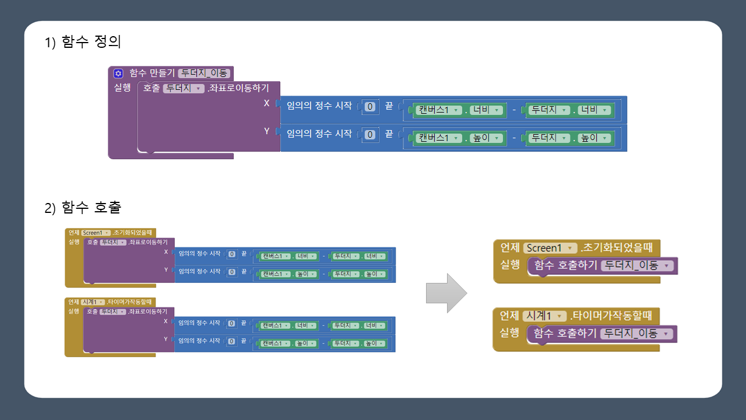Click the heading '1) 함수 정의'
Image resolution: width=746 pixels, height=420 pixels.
tap(82, 42)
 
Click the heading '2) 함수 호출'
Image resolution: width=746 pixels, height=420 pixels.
tap(82, 207)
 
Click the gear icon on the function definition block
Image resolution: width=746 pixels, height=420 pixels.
tap(118, 73)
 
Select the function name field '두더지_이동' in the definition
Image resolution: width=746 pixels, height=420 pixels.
tap(205, 73)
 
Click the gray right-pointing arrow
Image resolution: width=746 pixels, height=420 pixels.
tap(446, 293)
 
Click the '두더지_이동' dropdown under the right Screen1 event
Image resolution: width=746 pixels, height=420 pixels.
tap(636, 266)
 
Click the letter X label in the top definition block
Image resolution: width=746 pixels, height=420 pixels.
tap(267, 103)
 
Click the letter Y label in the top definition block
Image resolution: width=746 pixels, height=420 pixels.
tap(267, 131)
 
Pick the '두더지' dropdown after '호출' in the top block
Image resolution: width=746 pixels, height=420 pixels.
tap(183, 89)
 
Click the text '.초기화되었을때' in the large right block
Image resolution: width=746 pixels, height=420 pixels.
tap(616, 248)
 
